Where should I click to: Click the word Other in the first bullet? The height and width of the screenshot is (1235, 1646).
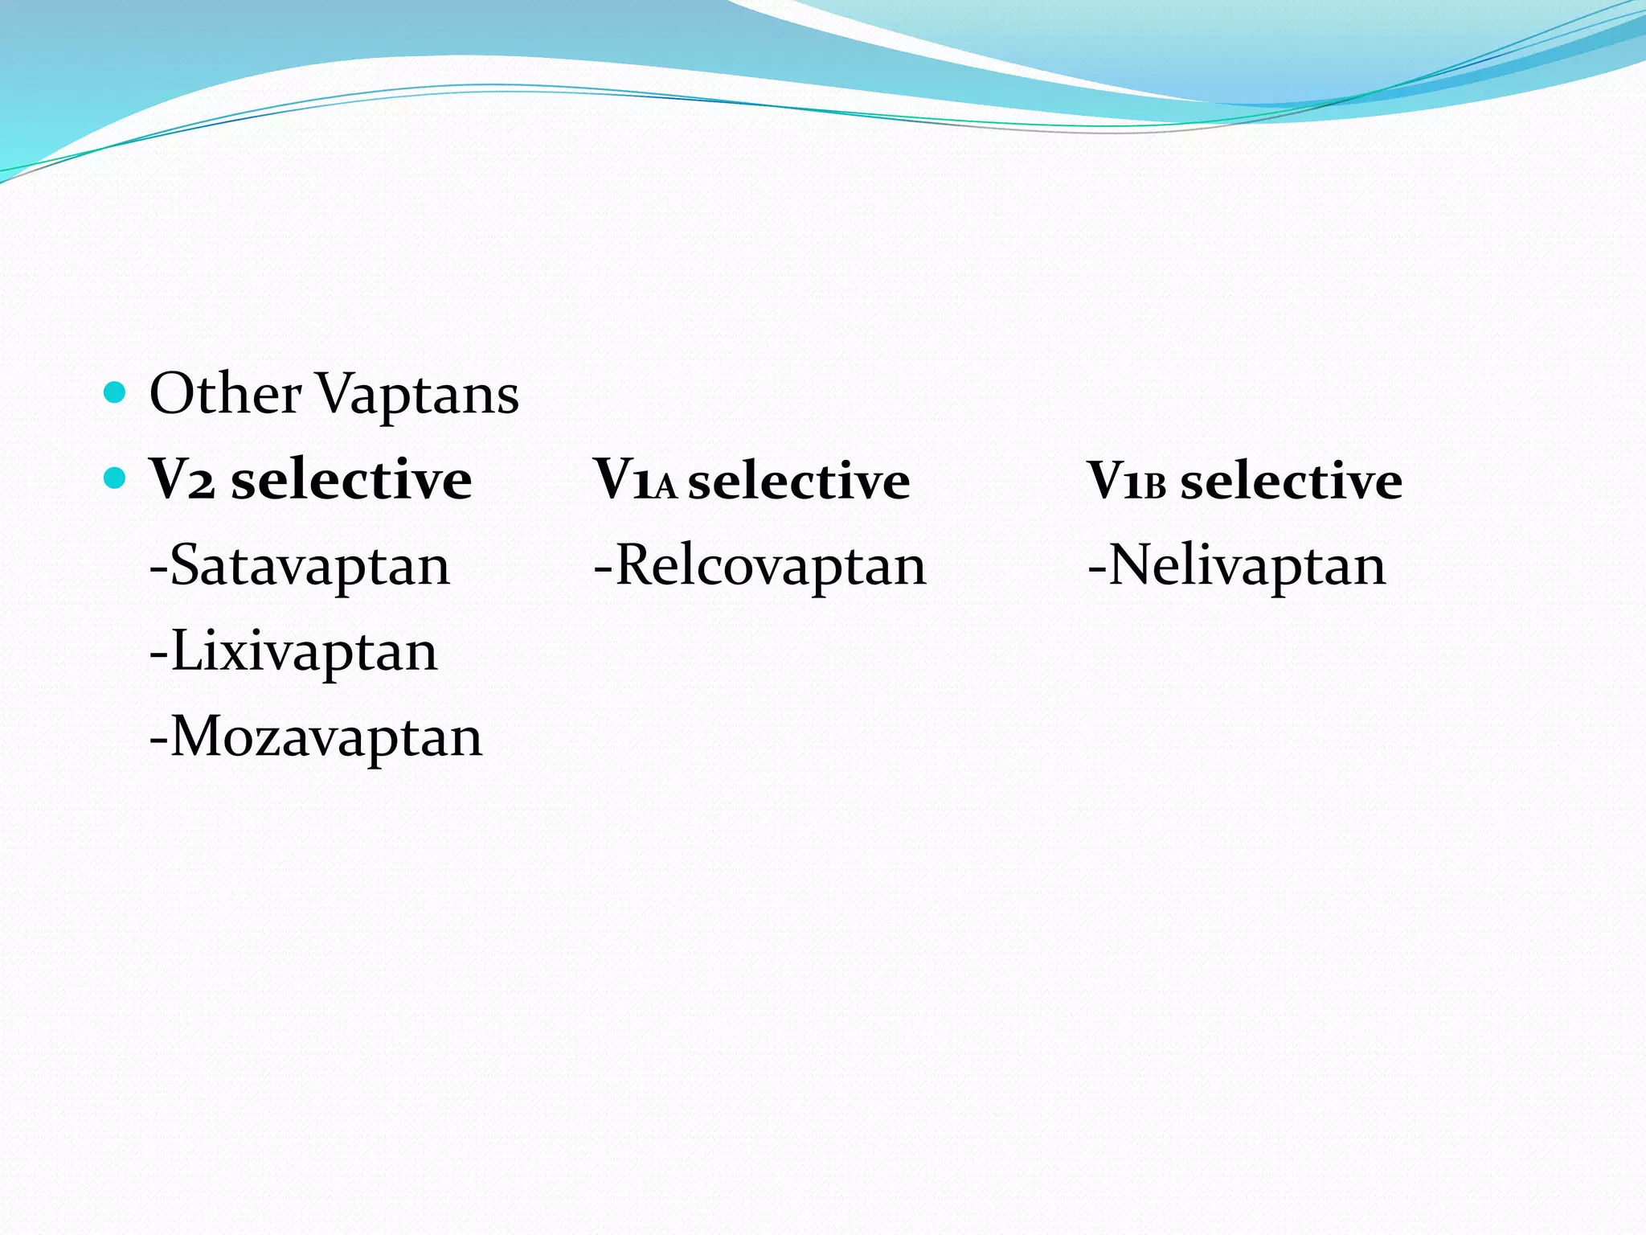(225, 394)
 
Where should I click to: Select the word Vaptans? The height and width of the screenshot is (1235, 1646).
(418, 394)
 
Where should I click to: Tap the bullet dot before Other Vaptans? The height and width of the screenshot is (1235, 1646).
(116, 392)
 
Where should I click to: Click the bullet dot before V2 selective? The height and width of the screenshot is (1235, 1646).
(116, 478)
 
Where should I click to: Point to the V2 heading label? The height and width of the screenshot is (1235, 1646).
(182, 480)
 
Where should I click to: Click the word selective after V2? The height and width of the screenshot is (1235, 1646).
(351, 480)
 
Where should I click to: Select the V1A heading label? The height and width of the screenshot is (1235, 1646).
(635, 481)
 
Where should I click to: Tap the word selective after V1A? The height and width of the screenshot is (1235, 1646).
(799, 481)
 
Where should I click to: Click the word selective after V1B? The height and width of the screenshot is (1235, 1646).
(1292, 481)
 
